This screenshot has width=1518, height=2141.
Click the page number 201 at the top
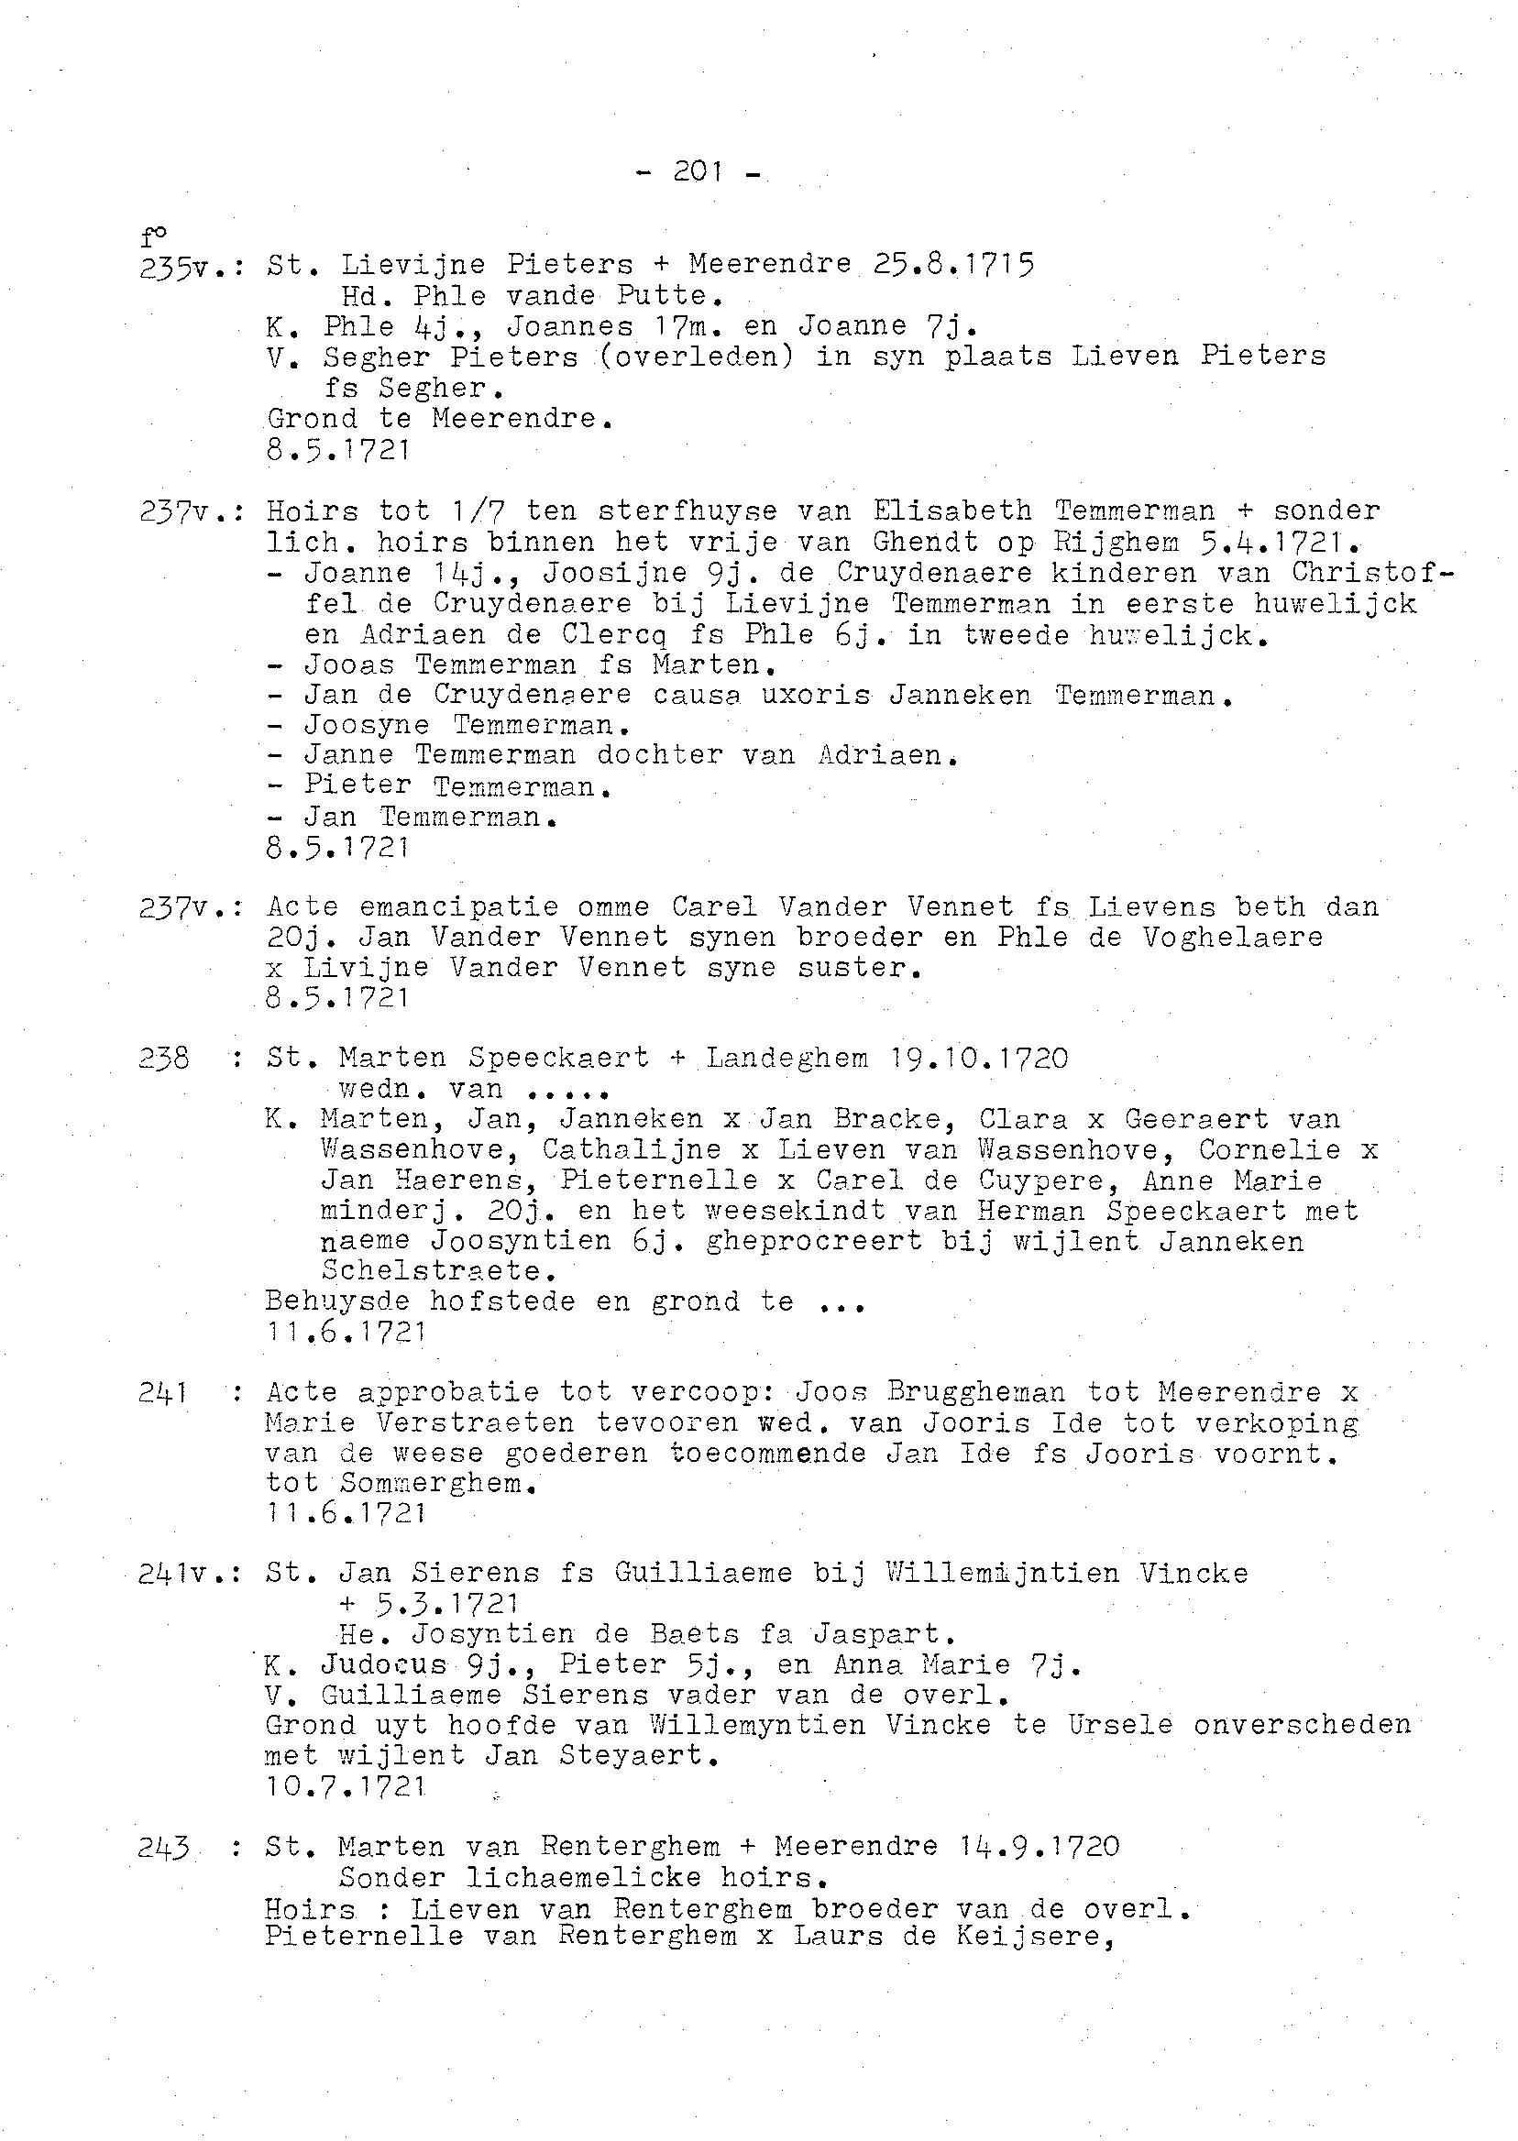tap(698, 172)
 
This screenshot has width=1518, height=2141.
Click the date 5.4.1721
tap(1279, 541)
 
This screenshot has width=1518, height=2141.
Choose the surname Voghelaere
tap(1232, 937)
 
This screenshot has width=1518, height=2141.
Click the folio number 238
tap(164, 1058)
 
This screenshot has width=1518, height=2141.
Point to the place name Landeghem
tap(787, 1058)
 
